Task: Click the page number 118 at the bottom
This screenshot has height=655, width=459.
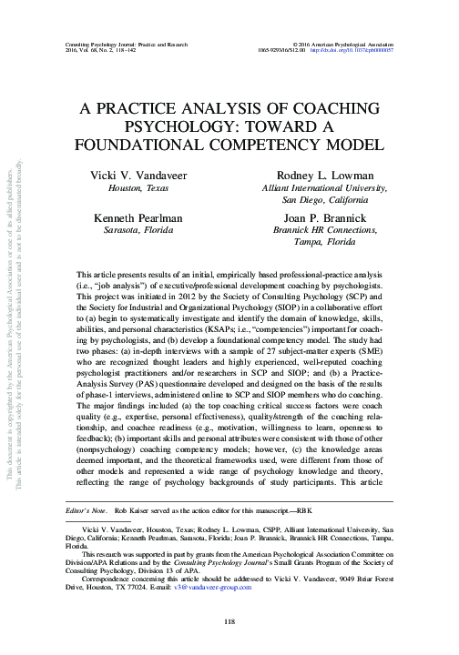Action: coord(229,620)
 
